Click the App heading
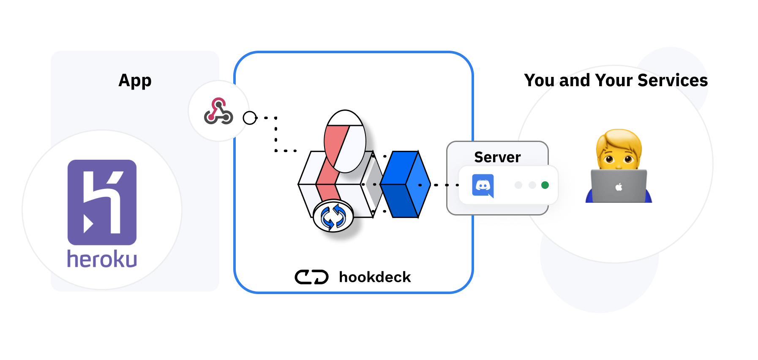tap(135, 80)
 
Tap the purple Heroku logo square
tap(102, 202)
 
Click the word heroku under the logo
tap(102, 259)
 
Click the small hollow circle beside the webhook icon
tap(250, 118)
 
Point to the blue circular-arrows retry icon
tap(333, 216)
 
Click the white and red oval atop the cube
tap(345, 141)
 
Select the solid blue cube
tap(404, 184)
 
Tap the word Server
tap(497, 157)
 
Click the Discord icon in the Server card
tap(483, 185)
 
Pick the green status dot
tap(545, 185)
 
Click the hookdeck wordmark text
tap(375, 277)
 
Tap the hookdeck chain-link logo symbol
tap(311, 277)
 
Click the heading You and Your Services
tap(616, 80)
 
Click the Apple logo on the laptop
tap(619, 187)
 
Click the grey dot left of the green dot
tap(532, 185)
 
